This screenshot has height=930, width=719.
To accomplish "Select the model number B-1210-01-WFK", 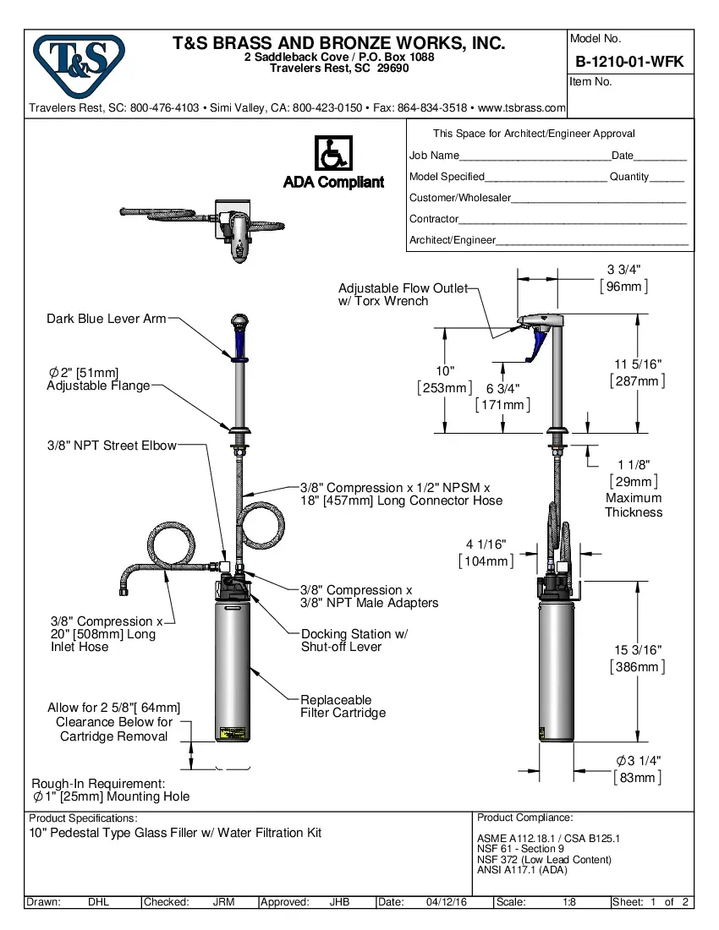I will (629, 62).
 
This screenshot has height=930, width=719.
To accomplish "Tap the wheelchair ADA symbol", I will (333, 154).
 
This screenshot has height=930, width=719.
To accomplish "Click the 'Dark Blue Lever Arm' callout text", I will (106, 319).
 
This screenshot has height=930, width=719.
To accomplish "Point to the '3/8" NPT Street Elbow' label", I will (112, 445).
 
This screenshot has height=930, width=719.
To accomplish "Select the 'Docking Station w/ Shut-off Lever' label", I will (354, 640).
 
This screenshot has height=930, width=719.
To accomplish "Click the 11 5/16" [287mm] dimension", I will (637, 373).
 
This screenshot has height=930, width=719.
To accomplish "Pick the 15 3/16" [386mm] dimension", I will (637, 659).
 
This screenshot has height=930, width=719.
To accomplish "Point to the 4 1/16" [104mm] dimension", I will (486, 553).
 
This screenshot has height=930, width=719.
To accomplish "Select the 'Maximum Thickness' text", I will (634, 505).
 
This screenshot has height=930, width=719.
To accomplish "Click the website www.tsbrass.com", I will (521, 108).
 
